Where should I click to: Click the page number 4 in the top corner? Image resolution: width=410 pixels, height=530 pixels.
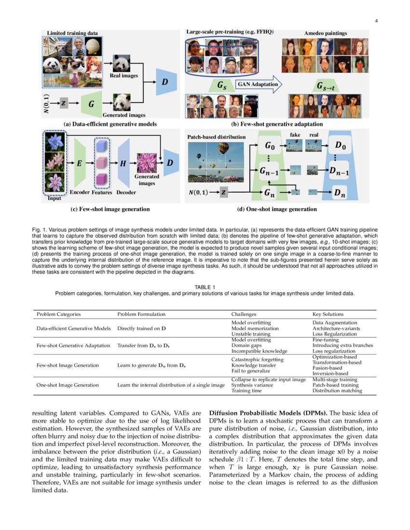(376, 21)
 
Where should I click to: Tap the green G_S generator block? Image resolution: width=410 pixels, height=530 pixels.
(221, 85)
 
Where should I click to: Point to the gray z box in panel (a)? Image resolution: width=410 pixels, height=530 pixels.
(64, 103)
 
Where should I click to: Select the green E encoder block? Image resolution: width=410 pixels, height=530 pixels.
(79, 163)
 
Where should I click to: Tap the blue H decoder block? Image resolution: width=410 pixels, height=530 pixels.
(123, 163)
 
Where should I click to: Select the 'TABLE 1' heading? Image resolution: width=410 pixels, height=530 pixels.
(205, 287)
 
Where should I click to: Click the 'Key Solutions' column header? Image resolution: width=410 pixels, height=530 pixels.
(328, 314)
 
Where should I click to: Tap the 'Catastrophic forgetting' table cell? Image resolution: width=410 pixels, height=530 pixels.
(257, 359)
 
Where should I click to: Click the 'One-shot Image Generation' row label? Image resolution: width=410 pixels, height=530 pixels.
(68, 385)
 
